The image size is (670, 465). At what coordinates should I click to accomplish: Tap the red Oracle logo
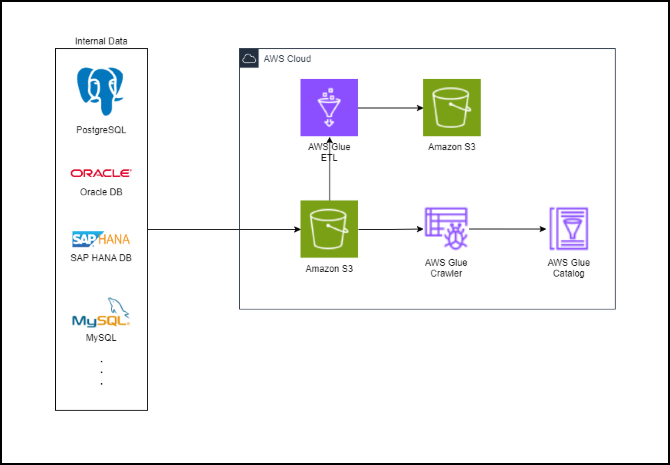point(101,173)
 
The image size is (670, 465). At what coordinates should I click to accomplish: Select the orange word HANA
point(114,239)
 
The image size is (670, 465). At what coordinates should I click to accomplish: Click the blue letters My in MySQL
point(83,321)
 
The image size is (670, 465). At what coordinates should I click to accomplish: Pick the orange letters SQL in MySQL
point(112,321)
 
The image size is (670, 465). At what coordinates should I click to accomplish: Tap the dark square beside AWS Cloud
point(249,59)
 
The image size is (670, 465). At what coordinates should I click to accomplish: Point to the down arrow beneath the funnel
point(329,123)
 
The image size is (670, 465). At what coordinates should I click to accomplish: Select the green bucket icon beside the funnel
point(452,108)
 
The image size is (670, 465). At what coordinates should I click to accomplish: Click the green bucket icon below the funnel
point(329,229)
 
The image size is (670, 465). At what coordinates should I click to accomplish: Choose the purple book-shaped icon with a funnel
point(569,229)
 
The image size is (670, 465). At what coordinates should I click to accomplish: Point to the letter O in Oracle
point(76,173)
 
